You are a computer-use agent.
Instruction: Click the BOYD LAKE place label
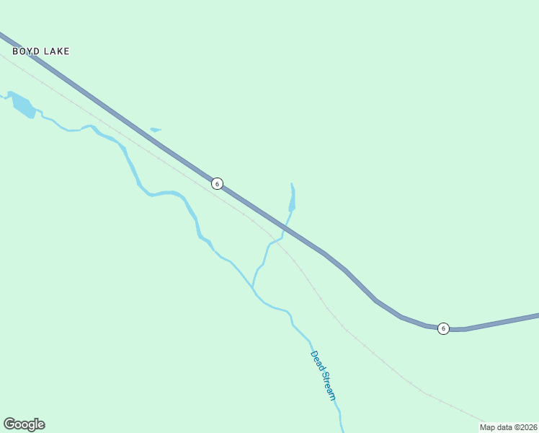[40, 51]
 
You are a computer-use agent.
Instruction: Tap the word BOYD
[25, 51]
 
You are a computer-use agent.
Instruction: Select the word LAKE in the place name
[55, 51]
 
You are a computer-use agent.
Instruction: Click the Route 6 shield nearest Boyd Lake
[217, 183]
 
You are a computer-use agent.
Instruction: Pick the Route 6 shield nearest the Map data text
[443, 328]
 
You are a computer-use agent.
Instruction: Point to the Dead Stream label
[324, 375]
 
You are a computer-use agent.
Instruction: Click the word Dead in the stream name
[316, 360]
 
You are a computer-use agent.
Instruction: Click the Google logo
[24, 424]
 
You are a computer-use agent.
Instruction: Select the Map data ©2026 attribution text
[509, 427]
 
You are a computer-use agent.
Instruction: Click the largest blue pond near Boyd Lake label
[23, 105]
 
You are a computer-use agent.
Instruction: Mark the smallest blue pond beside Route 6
[155, 130]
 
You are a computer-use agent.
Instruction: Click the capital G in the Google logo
[9, 424]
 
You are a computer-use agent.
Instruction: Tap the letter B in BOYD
[15, 51]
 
